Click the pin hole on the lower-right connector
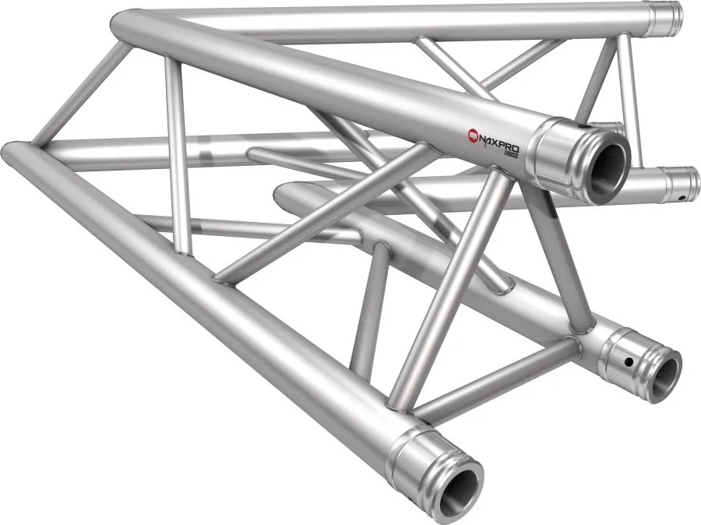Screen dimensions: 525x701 629,361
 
